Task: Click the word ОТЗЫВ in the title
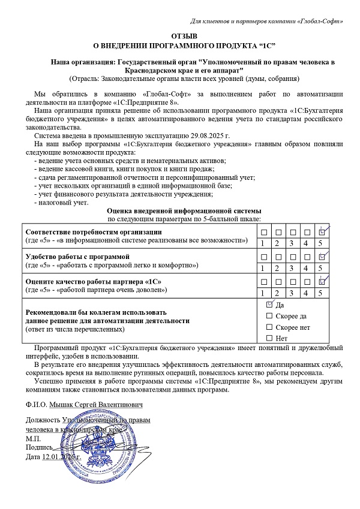(x=180, y=37)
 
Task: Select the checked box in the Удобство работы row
(x=322, y=257)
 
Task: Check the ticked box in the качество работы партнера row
(x=322, y=281)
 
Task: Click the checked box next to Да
(x=269, y=305)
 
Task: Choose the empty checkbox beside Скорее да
(x=269, y=315)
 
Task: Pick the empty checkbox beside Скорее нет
(x=269, y=327)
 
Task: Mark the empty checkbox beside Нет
(x=269, y=338)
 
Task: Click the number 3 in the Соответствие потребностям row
(x=292, y=243)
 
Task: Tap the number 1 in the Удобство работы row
(x=262, y=268)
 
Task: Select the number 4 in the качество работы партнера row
(x=307, y=293)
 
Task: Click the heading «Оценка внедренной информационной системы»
(x=184, y=211)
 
